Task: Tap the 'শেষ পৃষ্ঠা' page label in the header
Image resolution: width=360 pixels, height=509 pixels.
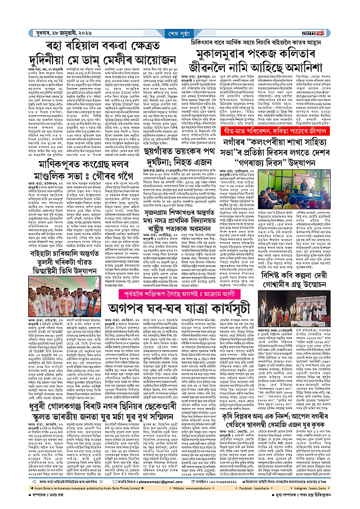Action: point(181,17)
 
